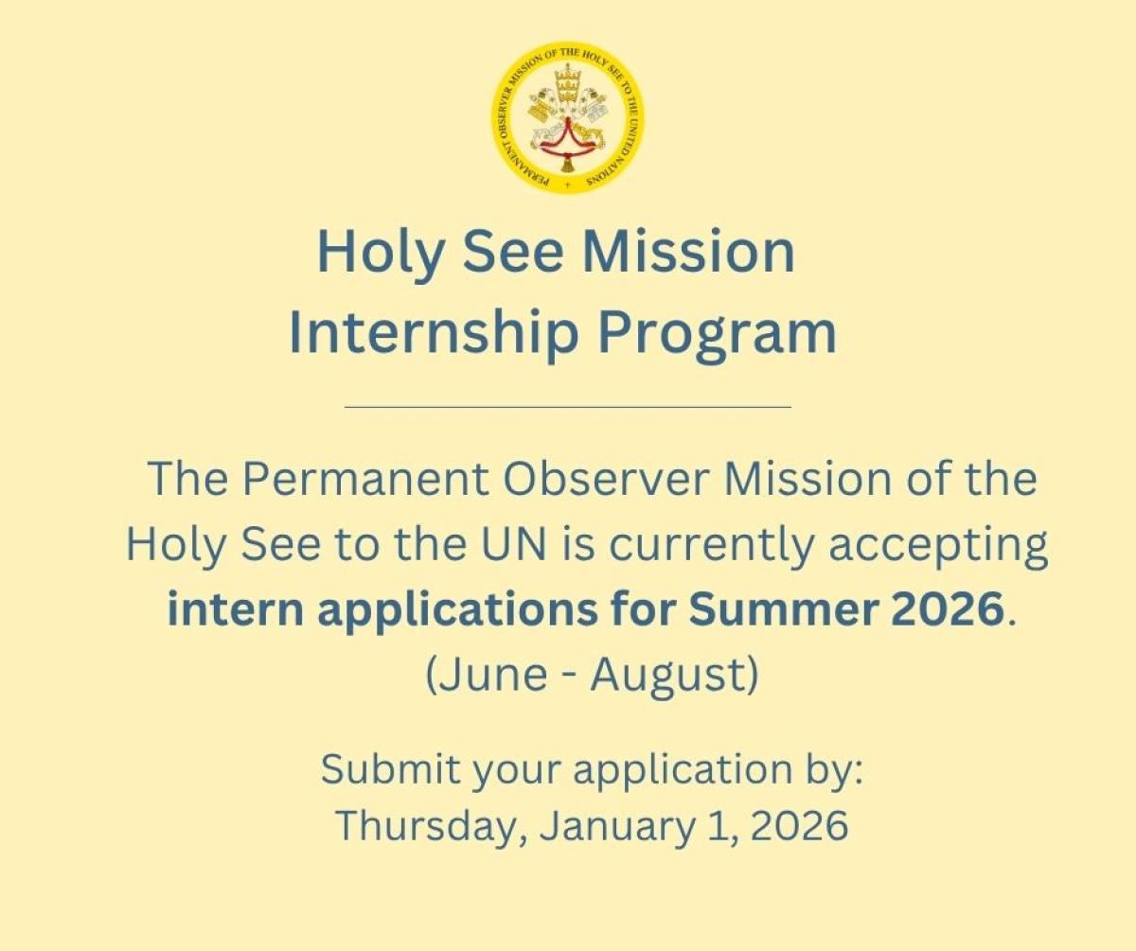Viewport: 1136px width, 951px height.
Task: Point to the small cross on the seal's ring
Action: click(x=568, y=185)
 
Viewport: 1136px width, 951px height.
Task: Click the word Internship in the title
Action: click(x=433, y=333)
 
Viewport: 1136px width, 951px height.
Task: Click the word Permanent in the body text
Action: click(x=364, y=480)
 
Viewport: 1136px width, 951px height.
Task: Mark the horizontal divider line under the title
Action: click(x=568, y=406)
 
